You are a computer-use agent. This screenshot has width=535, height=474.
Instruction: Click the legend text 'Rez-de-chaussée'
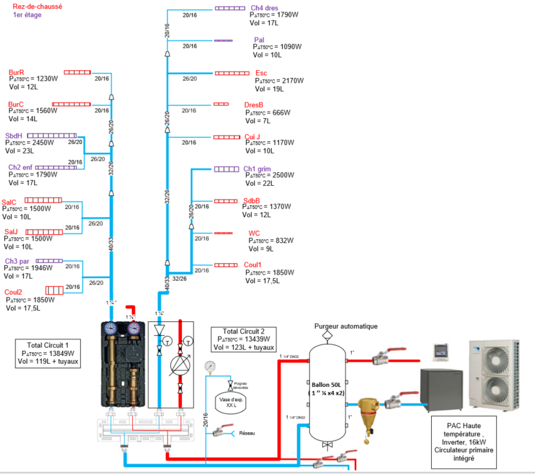33,6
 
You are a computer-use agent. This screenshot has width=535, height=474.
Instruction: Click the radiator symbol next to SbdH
59,135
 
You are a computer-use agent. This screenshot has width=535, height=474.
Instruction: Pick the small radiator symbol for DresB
221,104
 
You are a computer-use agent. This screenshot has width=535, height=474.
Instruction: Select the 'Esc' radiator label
261,73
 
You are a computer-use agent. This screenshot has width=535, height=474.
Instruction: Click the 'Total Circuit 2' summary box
243,340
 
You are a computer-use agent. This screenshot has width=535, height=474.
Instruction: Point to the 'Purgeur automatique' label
345,326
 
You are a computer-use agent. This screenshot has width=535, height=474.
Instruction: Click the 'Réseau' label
247,433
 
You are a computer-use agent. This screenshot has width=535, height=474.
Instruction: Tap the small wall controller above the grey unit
440,351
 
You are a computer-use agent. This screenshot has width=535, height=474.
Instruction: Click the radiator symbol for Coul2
54,290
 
